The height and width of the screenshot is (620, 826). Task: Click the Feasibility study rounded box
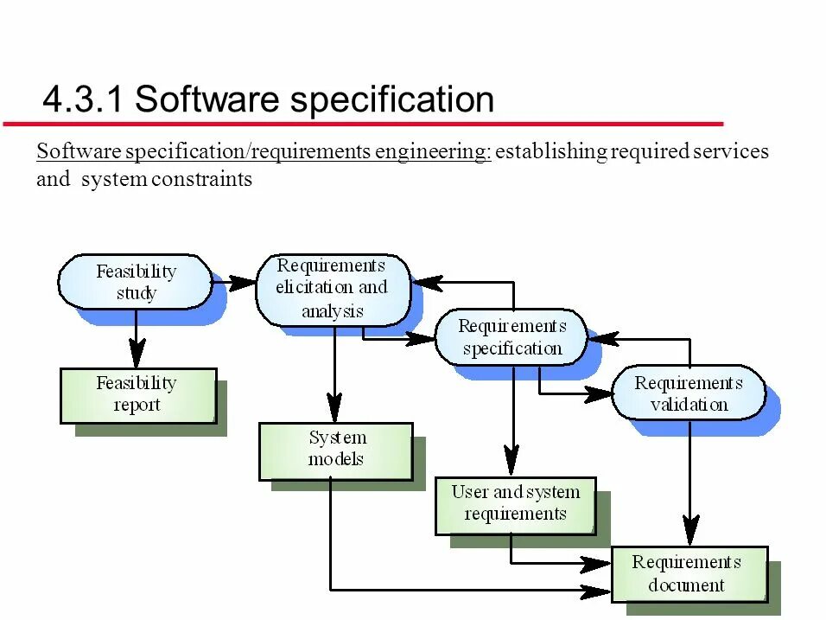click(x=135, y=282)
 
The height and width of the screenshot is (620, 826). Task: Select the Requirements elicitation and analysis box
click(x=332, y=289)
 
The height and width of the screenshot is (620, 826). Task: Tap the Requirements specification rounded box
click(x=511, y=337)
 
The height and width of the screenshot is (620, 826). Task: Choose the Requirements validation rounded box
click(x=689, y=393)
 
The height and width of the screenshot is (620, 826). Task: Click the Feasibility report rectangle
click(x=137, y=395)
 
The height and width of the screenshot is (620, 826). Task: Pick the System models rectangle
click(x=336, y=450)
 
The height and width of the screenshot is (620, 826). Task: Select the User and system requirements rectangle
click(x=515, y=504)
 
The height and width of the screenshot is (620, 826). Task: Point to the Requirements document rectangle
click(x=689, y=573)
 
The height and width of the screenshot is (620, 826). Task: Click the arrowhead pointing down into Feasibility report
click(x=136, y=355)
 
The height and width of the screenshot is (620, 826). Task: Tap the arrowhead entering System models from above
click(x=334, y=408)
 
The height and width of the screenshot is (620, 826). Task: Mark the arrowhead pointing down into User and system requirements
click(x=511, y=463)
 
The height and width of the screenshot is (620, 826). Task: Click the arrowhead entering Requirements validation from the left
click(x=599, y=394)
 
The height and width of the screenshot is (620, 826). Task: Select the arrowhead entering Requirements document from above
click(x=689, y=530)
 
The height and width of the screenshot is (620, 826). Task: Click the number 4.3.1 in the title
click(x=84, y=100)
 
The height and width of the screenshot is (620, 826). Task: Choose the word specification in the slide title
click(x=392, y=100)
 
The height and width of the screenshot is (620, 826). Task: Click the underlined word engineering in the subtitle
click(x=432, y=152)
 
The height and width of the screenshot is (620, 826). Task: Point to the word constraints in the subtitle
click(x=202, y=180)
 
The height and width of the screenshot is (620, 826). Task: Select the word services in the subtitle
click(x=732, y=152)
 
